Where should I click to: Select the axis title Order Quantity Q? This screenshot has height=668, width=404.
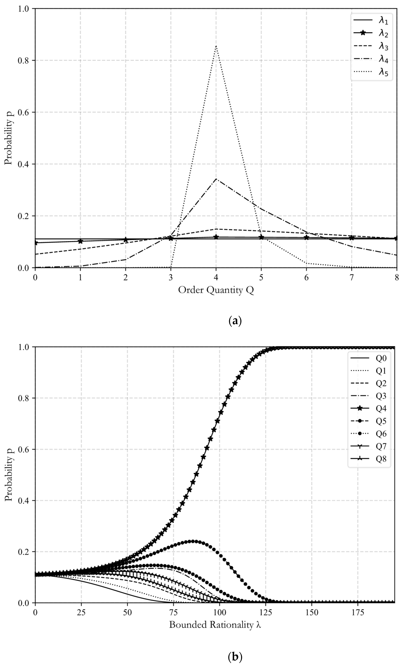click(x=216, y=290)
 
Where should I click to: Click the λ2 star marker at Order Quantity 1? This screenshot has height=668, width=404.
click(x=80, y=241)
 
